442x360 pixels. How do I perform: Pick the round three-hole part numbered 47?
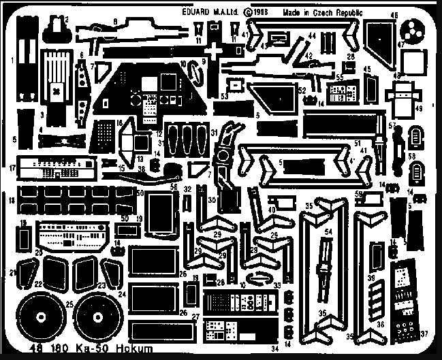[411, 29]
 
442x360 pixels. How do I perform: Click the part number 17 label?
[12, 167]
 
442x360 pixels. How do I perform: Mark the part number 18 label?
[12, 200]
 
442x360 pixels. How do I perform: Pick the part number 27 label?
[194, 316]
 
